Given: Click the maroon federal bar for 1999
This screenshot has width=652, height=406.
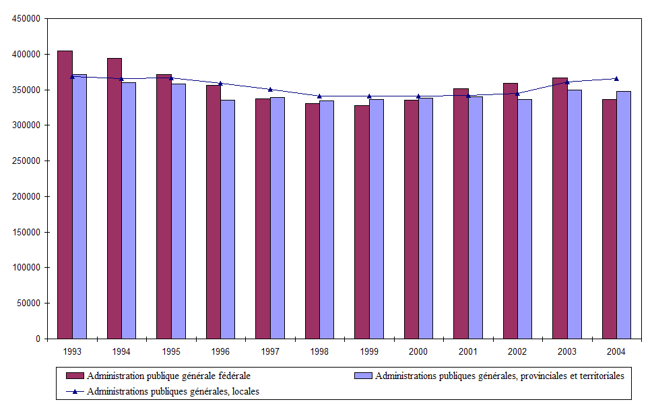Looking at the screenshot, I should [x=362, y=222].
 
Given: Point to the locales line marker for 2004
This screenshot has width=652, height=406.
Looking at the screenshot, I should [x=616, y=79].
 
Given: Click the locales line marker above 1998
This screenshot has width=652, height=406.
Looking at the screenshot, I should [x=319, y=96].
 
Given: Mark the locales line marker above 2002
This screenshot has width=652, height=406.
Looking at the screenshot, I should [x=517, y=94].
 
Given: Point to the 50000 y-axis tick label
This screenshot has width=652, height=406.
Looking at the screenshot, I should [x=28, y=303].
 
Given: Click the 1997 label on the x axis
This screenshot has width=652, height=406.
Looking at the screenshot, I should [x=270, y=351].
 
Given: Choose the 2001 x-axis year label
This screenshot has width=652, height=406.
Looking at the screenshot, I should [x=468, y=351].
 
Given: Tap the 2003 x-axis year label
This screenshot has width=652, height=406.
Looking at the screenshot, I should [x=567, y=351].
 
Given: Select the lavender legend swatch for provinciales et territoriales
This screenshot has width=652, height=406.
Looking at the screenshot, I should [x=363, y=375].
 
